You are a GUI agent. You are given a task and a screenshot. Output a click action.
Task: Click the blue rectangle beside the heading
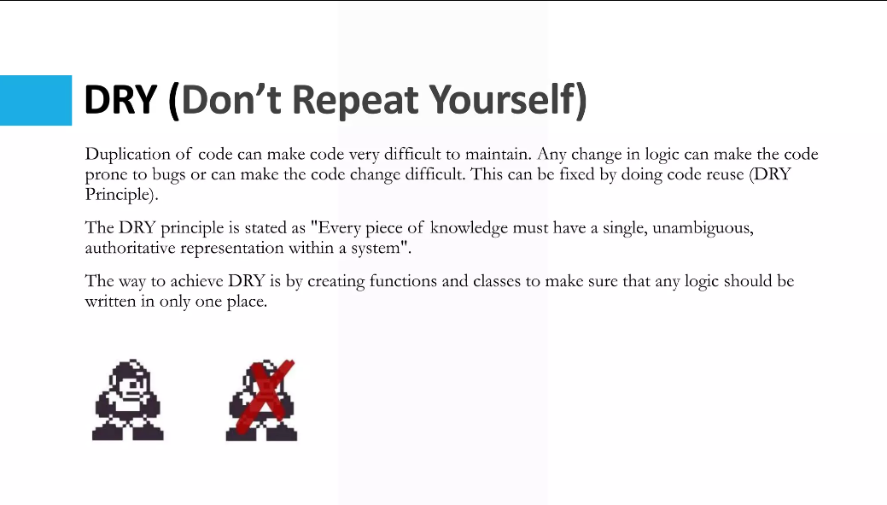point(36,100)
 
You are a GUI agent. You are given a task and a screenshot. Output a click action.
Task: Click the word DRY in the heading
point(120,101)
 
